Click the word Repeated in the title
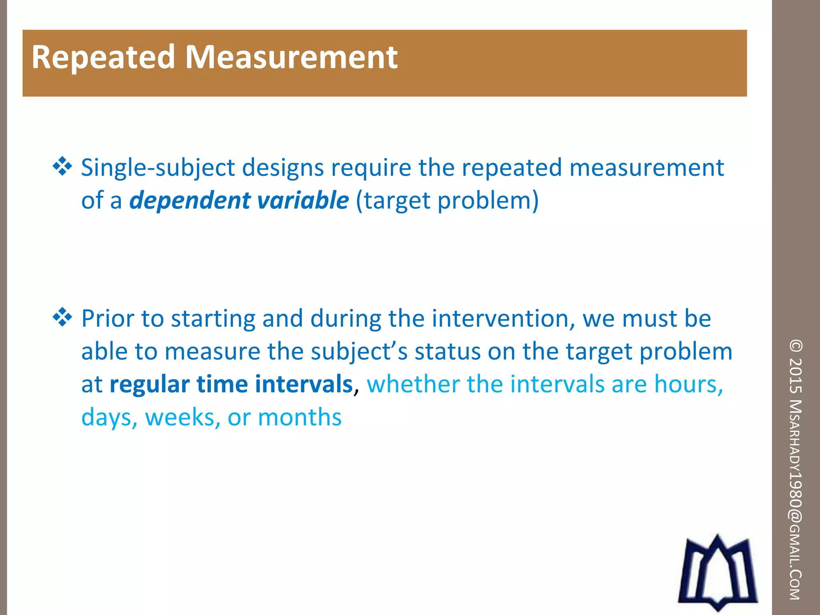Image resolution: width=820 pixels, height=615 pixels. (103, 58)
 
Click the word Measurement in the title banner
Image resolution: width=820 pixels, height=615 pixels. (291, 58)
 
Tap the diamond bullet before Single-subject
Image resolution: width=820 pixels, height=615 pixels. (62, 167)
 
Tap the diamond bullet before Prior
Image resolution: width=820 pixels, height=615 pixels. (62, 318)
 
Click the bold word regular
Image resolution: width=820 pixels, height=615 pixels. (149, 384)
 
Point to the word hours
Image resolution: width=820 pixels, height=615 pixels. (688, 384)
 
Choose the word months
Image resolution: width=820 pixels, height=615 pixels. (299, 418)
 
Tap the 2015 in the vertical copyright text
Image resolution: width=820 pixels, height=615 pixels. (796, 375)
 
